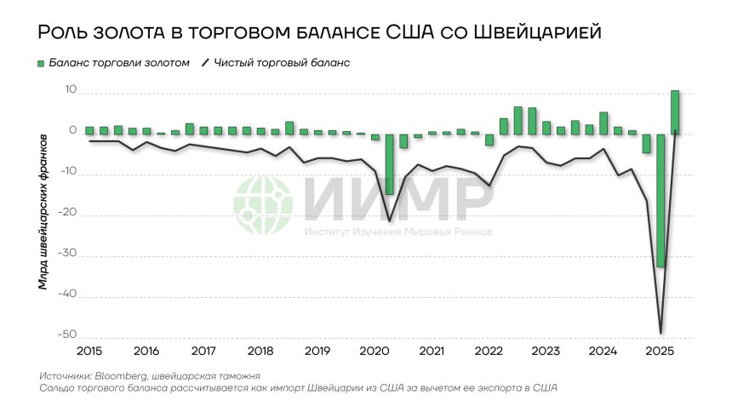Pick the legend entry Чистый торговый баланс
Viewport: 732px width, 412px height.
coord(282,63)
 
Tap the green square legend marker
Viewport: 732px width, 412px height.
coord(41,64)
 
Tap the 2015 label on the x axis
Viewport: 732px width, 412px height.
coord(89,351)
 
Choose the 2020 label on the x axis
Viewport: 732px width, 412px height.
coord(375,351)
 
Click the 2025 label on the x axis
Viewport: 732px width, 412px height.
coord(660,351)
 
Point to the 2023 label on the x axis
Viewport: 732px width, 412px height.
coord(546,351)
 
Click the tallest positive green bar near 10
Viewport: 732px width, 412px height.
coord(675,112)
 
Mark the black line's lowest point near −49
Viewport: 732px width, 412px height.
coord(661,332)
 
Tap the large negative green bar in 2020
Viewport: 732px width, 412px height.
coord(389,163)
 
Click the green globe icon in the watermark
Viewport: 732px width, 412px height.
coord(264,207)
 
